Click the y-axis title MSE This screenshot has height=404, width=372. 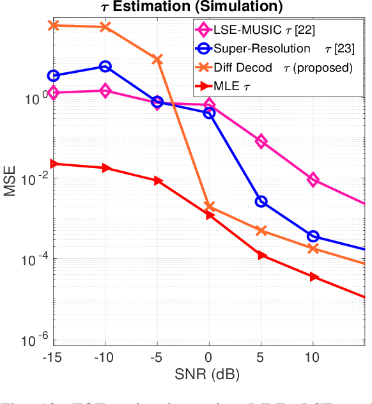10,181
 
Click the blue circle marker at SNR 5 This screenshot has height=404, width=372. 261,201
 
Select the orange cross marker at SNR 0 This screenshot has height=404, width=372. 209,206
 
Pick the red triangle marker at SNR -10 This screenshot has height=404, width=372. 105,167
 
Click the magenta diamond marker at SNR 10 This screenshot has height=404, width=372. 313,180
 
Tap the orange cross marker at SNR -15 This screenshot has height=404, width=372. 54,25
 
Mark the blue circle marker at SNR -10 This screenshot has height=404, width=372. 105,66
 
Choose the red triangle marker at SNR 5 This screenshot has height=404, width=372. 261,255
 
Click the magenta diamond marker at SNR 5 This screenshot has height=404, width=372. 261,141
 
